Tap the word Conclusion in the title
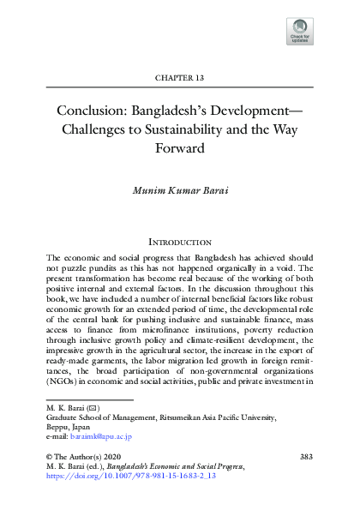point(90,112)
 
